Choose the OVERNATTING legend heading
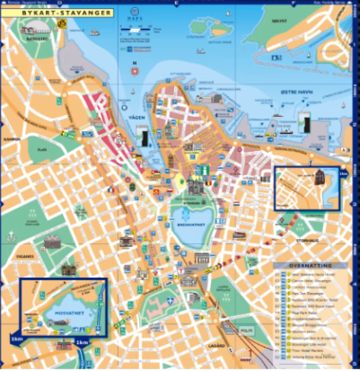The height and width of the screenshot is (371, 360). coord(311,267)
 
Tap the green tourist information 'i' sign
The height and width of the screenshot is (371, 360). coord(206,169)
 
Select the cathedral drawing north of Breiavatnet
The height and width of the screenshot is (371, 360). coord(191,186)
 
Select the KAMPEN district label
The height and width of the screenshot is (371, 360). coord(12,139)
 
